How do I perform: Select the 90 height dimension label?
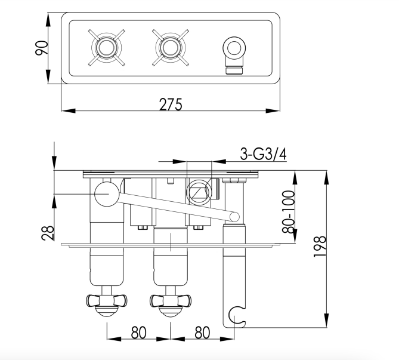[41, 48]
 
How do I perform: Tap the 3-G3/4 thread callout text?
[263, 154]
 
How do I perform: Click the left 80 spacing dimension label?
[138, 332]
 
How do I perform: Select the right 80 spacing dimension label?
[202, 332]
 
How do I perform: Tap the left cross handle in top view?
[106, 47]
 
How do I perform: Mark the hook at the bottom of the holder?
[237, 317]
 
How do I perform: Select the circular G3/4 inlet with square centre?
[197, 192]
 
